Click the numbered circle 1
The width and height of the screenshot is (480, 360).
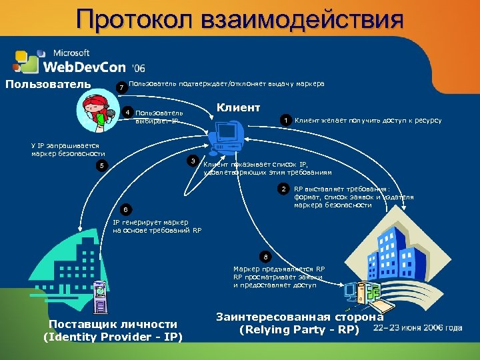(285, 120)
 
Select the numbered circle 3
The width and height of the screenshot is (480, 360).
(193, 161)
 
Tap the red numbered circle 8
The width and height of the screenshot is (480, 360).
(266, 257)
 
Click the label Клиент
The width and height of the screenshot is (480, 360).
(238, 107)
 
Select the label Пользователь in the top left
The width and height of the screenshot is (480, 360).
(48, 84)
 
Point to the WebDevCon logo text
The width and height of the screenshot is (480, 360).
(85, 66)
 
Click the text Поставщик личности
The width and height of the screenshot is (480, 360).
(113, 324)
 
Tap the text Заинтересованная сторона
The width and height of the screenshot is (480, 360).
(300, 317)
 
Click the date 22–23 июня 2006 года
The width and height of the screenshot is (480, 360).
(418, 328)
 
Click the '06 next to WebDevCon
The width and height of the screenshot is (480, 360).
(138, 68)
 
